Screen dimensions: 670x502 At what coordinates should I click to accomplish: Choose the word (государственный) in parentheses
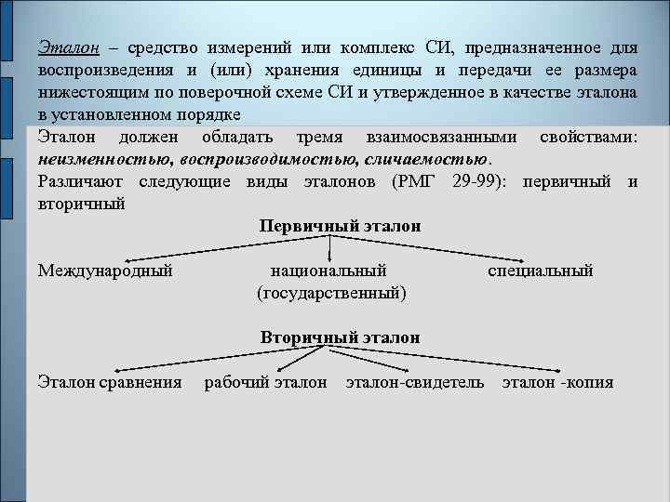(331, 293)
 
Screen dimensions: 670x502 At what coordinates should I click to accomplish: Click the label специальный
(541, 271)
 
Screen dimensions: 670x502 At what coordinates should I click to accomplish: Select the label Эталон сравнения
(110, 382)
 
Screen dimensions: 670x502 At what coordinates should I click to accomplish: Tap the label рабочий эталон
(266, 382)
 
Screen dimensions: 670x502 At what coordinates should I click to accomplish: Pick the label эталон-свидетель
(415, 382)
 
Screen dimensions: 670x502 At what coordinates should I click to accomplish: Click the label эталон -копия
(557, 382)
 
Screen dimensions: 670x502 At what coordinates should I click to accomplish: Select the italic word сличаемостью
(421, 159)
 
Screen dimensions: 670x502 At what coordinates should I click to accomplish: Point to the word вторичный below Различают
(82, 203)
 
